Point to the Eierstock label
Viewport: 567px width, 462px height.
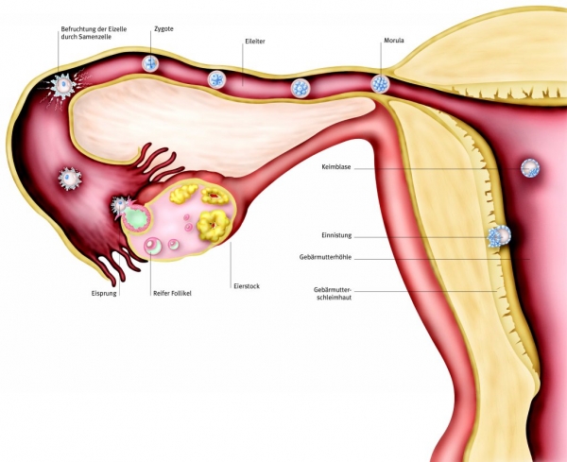point(247,285)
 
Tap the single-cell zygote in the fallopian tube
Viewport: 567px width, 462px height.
point(150,63)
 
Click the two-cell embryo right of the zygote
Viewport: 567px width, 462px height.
point(215,79)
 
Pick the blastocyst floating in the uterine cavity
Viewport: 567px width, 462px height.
point(531,168)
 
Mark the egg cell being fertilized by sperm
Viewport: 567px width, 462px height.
point(62,86)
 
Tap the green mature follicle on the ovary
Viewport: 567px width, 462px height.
point(138,219)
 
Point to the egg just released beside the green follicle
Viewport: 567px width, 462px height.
point(121,205)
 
